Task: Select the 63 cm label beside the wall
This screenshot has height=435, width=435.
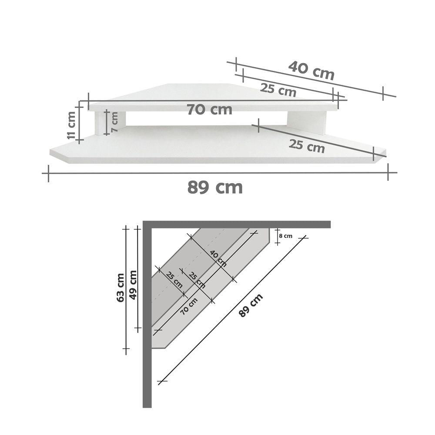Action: point(120,287)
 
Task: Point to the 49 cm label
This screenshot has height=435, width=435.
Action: point(133,284)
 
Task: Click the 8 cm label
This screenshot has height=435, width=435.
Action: point(285,236)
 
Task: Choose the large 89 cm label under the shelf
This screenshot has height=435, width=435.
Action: point(215,187)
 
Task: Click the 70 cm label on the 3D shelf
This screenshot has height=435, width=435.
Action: point(209,110)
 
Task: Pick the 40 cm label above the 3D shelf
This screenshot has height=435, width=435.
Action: point(311,70)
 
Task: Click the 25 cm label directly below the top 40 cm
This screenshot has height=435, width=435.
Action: point(278,89)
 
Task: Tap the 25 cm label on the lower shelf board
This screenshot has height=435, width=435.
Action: point(307,146)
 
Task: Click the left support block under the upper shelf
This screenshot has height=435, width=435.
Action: point(101,123)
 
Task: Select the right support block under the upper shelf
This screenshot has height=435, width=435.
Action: point(306,121)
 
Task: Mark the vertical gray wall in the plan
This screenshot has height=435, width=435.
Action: point(147,318)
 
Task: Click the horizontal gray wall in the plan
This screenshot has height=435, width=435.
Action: point(239,224)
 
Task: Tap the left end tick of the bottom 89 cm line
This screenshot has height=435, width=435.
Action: point(48,173)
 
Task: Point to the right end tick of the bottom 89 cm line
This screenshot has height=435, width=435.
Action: point(388,172)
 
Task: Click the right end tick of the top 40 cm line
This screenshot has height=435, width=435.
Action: point(383,93)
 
